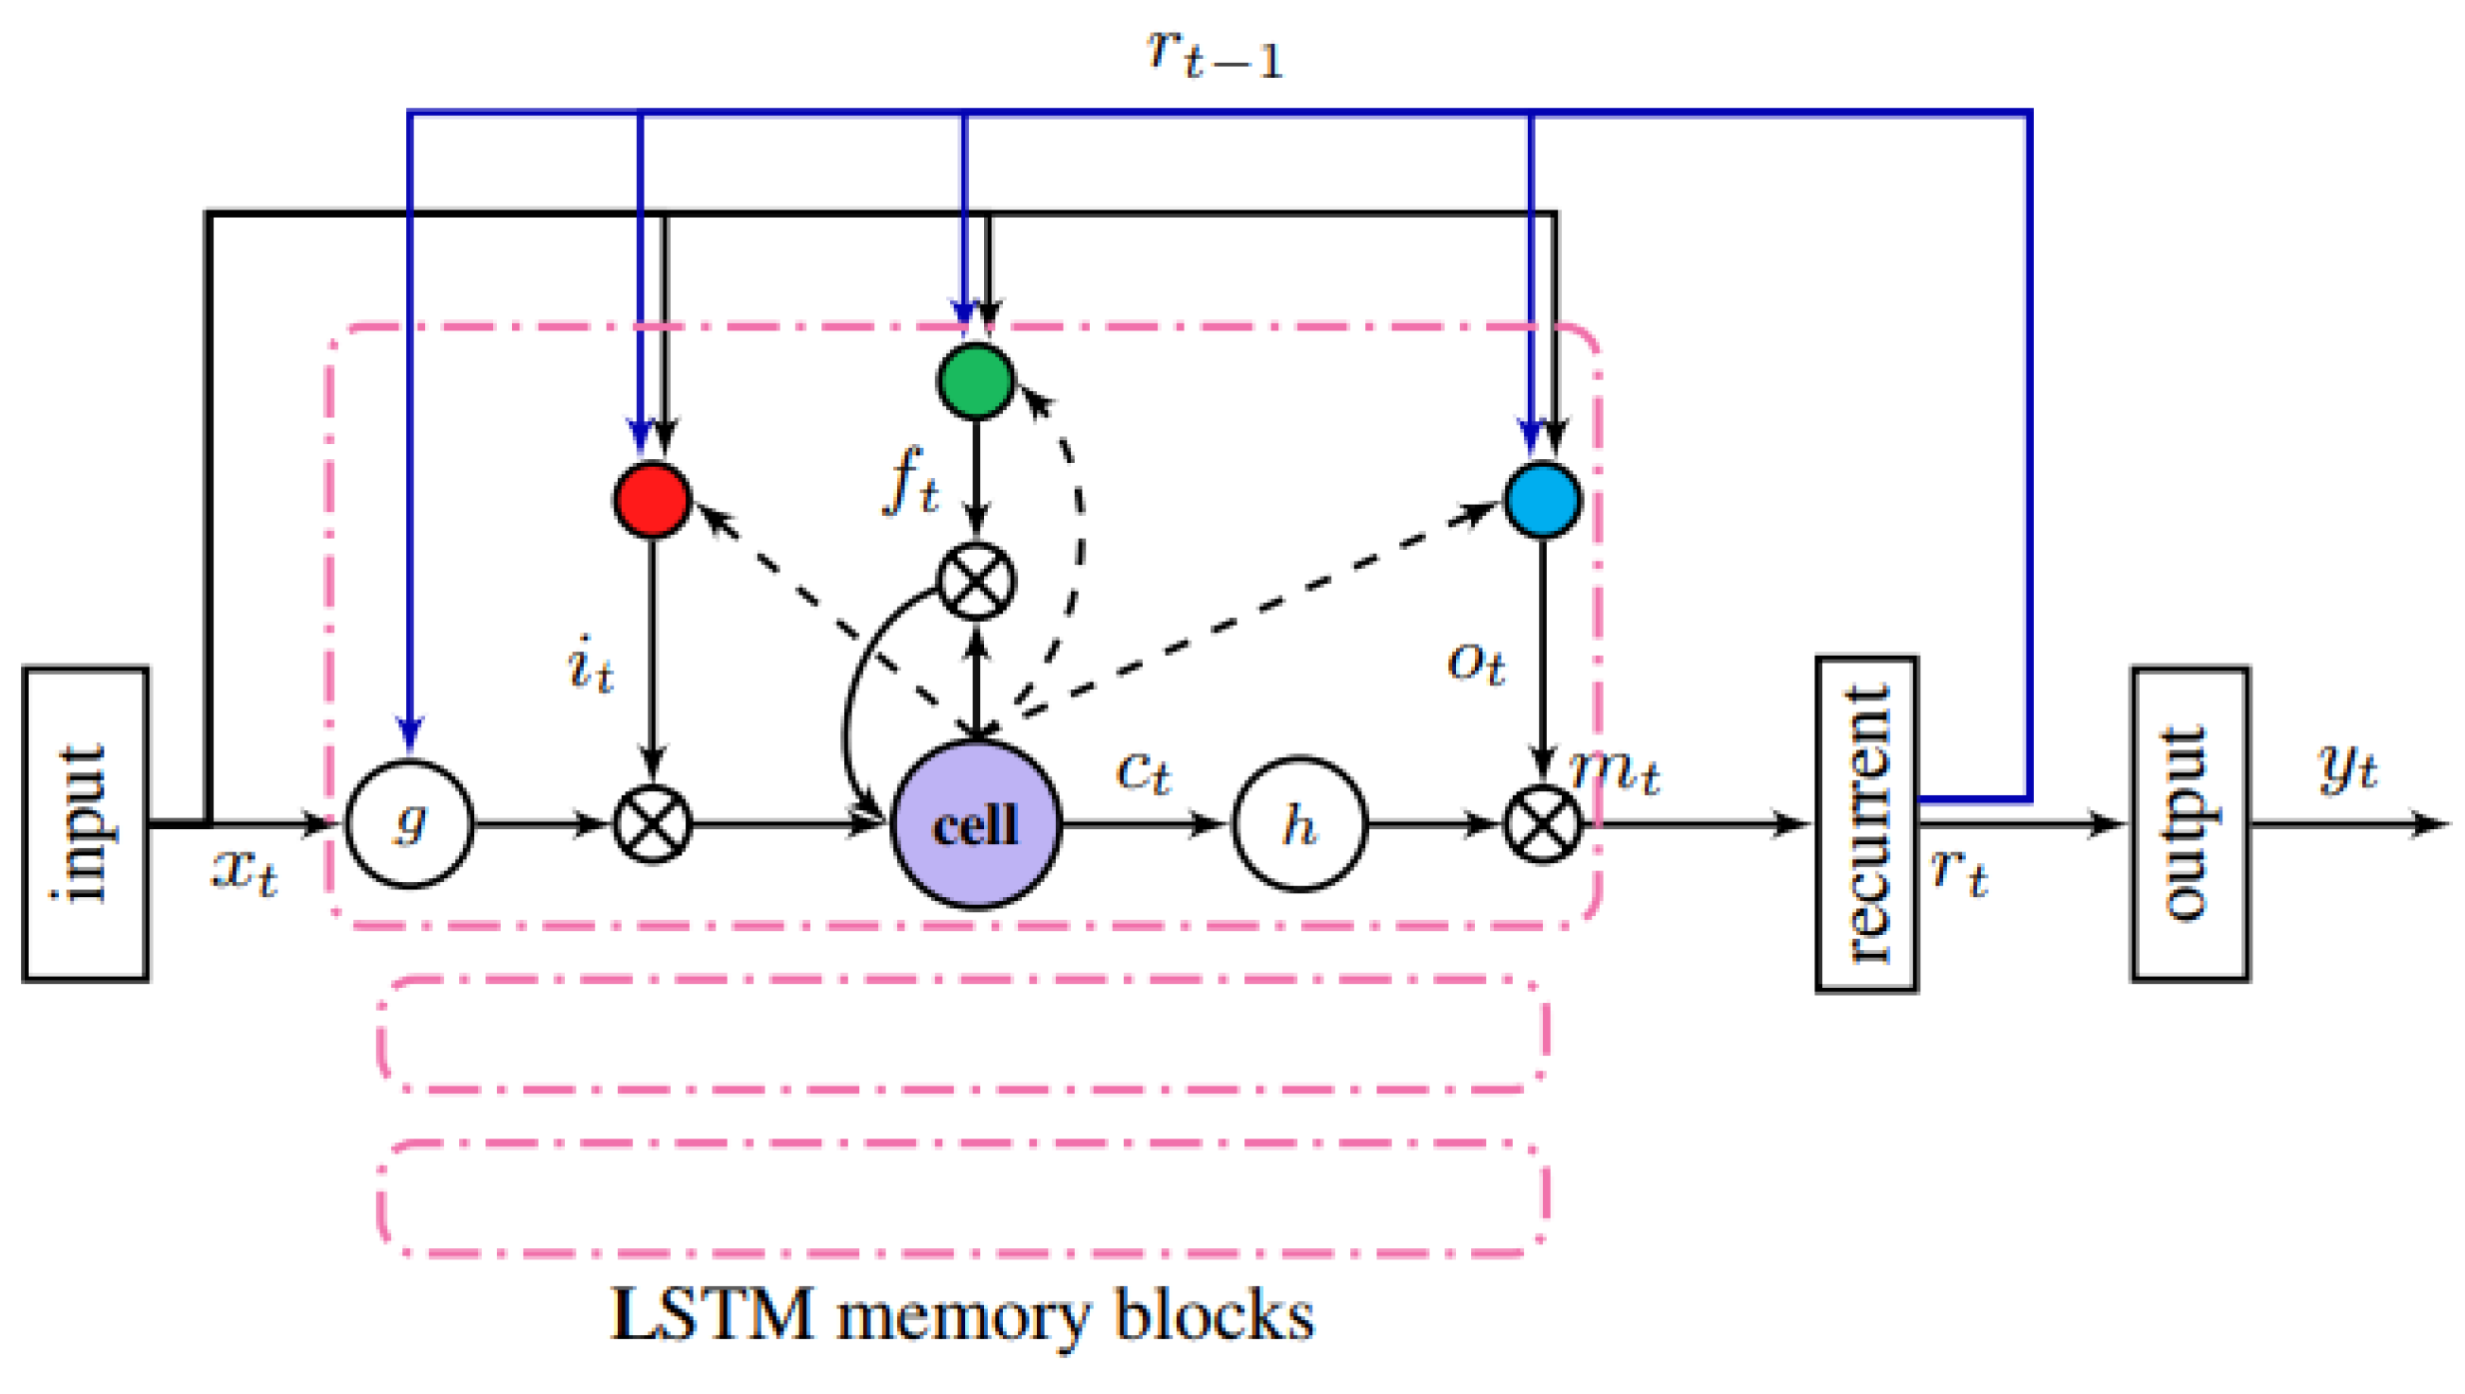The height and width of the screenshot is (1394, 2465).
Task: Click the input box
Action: pos(85,824)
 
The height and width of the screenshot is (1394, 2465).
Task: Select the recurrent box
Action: pos(1865,824)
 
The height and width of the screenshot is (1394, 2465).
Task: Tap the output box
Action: pos(2190,824)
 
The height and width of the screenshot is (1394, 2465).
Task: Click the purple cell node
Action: pos(975,824)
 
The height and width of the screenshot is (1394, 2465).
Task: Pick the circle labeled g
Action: pos(409,824)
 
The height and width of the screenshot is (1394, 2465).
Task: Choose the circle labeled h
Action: pos(1298,824)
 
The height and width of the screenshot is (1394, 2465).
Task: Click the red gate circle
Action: pos(652,500)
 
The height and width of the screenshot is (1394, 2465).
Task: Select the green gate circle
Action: pos(975,380)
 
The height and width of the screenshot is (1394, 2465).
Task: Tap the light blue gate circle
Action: pos(1542,500)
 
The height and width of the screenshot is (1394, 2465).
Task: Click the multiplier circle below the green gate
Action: pos(975,581)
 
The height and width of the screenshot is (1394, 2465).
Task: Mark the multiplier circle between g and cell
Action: pos(652,824)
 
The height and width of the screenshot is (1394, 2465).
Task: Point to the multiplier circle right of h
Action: pos(1542,824)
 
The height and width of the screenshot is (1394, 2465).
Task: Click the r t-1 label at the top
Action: pos(1213,52)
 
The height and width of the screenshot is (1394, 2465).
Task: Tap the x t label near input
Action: pos(245,870)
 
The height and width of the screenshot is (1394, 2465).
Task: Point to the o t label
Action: pos(1475,661)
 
